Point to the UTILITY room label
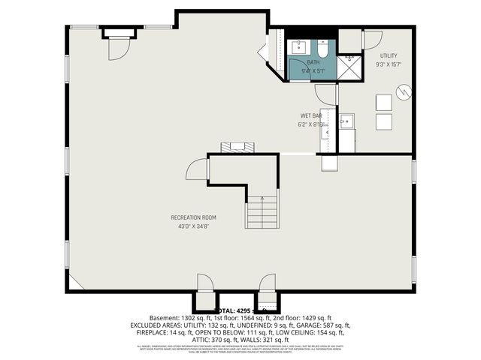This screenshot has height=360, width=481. [388, 55]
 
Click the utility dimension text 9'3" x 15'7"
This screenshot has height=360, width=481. [388, 64]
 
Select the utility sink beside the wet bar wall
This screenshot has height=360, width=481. [347, 123]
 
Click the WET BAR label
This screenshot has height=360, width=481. [310, 115]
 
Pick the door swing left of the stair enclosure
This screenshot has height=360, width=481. [197, 169]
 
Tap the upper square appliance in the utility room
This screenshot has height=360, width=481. [383, 103]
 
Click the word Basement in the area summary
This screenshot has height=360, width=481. [165, 318]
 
